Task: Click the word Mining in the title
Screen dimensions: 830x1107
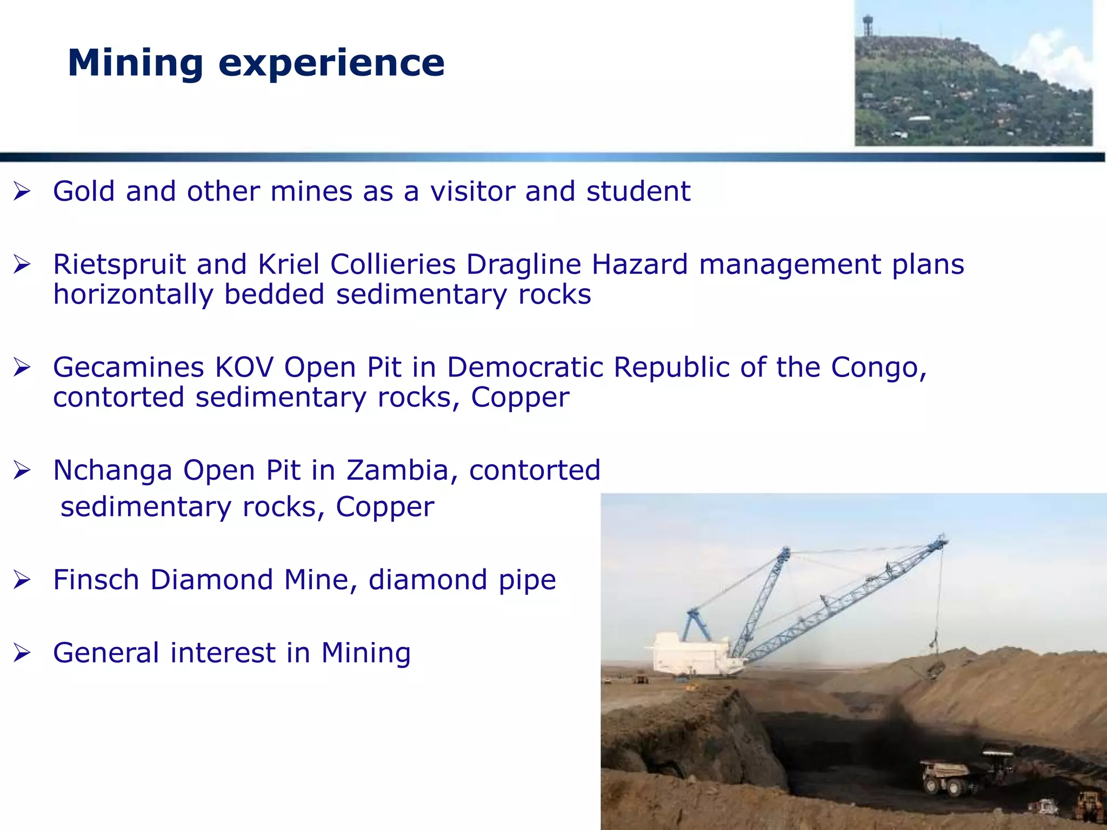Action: pyautogui.click(x=135, y=63)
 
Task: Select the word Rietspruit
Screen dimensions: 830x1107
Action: pyautogui.click(x=119, y=265)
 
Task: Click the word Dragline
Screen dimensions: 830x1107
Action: pyautogui.click(x=523, y=265)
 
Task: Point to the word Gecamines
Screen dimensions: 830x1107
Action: pyautogui.click(x=128, y=367)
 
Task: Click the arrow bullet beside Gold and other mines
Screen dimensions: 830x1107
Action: pyautogui.click(x=22, y=191)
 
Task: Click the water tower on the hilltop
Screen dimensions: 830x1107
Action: pyautogui.click(x=868, y=24)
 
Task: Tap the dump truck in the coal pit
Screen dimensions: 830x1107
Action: pyautogui.click(x=946, y=776)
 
